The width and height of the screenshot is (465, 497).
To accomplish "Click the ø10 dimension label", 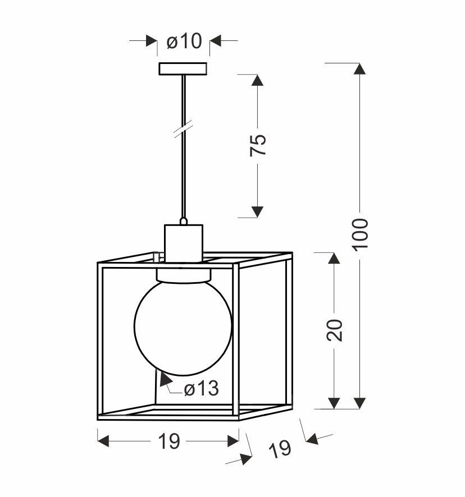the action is click(184, 41).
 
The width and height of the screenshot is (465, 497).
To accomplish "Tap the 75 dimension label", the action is click(258, 145).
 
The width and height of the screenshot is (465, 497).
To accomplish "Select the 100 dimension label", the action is click(360, 234).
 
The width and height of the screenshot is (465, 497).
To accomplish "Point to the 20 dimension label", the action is click(335, 330).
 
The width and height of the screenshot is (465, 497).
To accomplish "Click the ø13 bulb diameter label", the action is click(202, 388).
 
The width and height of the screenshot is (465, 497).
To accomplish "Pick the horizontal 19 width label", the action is click(169, 441).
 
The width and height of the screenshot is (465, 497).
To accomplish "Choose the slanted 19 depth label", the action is click(280, 449).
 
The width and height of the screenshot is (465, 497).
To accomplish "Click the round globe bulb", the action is click(183, 328).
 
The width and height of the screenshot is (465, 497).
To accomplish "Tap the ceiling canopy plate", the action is click(183, 69).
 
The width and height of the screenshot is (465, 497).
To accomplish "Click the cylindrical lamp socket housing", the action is click(184, 243).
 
